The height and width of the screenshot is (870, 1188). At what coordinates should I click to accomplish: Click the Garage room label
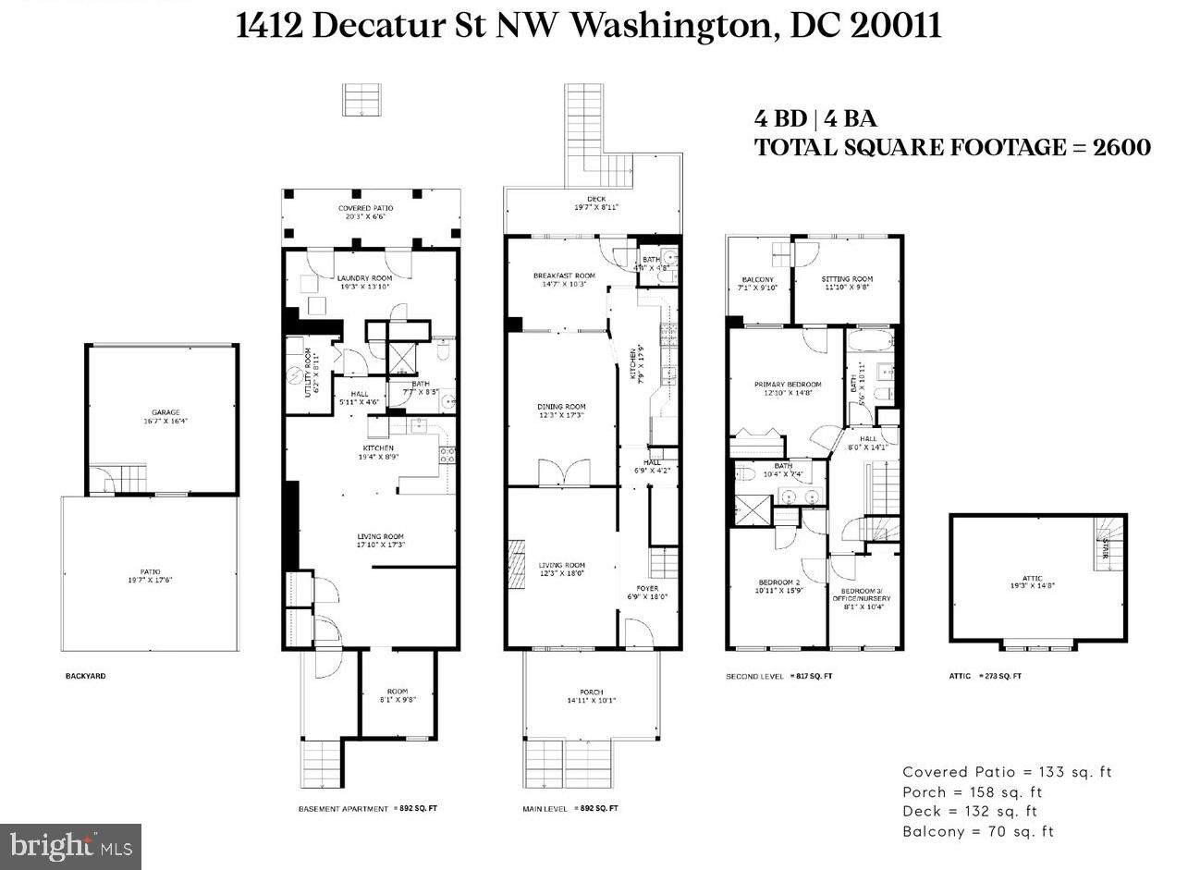point(165,412)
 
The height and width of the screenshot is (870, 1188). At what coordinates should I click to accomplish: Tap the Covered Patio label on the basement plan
point(370,209)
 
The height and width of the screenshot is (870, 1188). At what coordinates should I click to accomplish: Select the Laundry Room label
point(364,278)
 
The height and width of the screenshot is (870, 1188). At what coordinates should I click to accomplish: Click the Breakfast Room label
point(564,276)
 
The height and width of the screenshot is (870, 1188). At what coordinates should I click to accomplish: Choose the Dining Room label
point(562,407)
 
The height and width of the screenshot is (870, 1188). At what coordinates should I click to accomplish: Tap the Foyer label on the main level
point(647,588)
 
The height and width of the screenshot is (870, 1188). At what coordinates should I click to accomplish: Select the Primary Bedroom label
point(787,385)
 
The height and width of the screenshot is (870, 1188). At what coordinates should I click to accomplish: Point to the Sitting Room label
point(847,278)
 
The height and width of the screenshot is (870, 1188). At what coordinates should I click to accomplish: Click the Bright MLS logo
point(70,846)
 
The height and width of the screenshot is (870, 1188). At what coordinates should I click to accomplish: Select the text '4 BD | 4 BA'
point(815,118)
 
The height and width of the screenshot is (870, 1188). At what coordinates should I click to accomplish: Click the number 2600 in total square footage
point(1121,147)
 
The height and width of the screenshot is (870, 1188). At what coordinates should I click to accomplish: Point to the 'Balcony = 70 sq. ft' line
point(978,831)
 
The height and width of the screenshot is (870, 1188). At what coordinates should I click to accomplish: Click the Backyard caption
point(85,676)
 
